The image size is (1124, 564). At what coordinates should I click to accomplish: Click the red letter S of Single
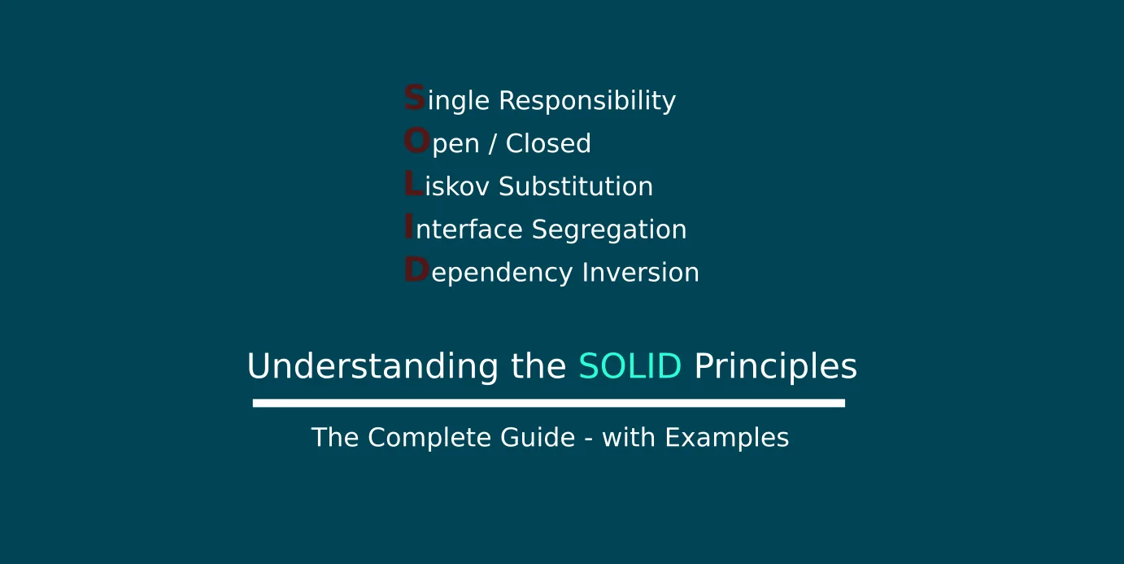pos(415,97)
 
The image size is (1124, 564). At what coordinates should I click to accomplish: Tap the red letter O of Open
pos(417,140)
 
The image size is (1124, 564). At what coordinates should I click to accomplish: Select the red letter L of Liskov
pos(414,183)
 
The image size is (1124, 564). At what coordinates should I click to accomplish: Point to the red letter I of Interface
pos(409,226)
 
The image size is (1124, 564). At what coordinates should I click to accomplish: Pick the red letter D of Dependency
pos(417,269)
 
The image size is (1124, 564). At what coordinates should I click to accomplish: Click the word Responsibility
pos(587,101)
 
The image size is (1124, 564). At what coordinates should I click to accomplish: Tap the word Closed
pos(548,143)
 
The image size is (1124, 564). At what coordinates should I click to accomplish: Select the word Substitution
pos(576,186)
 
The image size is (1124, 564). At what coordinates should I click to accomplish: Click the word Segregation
pos(608,230)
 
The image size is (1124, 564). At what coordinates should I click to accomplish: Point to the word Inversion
pos(640,272)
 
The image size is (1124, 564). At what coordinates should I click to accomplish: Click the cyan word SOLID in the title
pos(630,365)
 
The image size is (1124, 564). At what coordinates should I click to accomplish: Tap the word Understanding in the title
pos(372,366)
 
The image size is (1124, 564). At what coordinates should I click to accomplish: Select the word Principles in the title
pos(775,366)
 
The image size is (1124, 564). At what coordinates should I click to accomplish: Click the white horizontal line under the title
pos(549,403)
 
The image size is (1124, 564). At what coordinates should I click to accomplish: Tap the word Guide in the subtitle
pos(538,437)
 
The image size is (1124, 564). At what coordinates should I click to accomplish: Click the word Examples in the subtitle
pos(726,438)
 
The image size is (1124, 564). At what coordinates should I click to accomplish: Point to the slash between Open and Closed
pos(493,144)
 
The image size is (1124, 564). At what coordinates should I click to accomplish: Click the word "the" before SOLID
pos(538,365)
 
